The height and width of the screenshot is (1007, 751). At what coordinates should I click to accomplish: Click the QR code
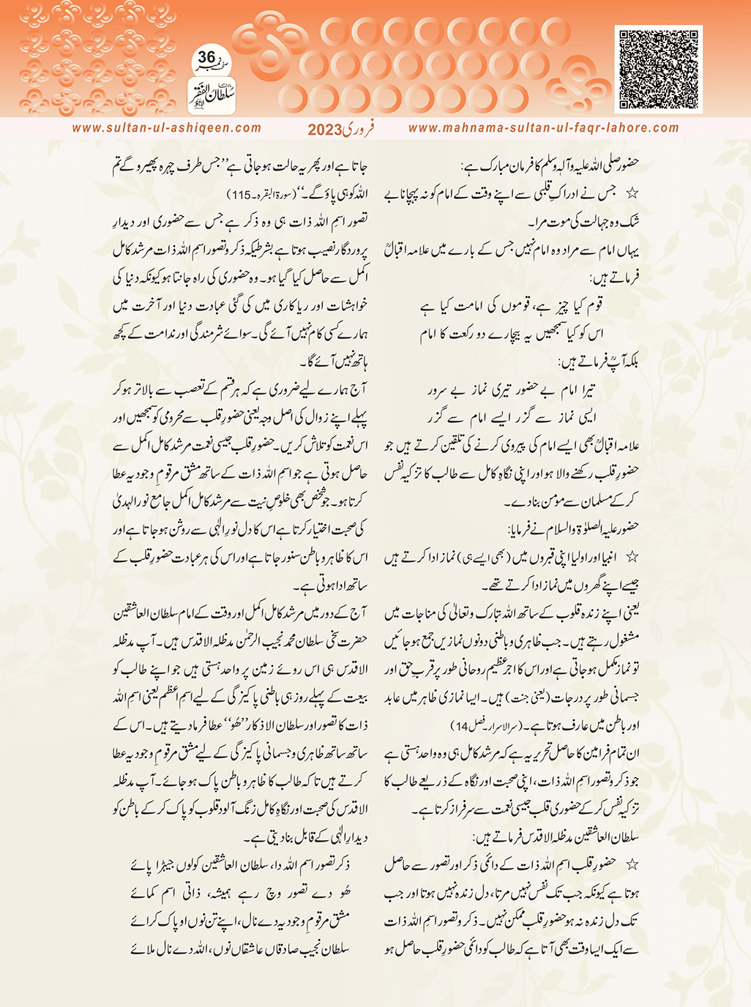[658, 69]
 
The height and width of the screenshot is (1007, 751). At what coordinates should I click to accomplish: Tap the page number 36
[207, 57]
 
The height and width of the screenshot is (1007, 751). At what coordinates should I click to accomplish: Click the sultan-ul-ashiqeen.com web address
[167, 128]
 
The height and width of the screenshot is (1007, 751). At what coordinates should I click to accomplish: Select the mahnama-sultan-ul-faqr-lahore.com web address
[543, 128]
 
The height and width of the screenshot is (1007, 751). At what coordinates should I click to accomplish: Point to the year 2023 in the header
[324, 130]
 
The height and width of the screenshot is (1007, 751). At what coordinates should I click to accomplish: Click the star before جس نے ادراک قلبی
[632, 193]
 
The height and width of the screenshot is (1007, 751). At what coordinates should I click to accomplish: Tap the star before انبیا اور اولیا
[632, 558]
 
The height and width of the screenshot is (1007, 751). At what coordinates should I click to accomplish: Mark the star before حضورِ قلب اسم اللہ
[632, 864]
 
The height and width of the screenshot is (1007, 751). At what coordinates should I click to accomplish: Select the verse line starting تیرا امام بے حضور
[512, 390]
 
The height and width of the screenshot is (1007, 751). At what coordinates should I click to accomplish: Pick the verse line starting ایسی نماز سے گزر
[512, 417]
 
